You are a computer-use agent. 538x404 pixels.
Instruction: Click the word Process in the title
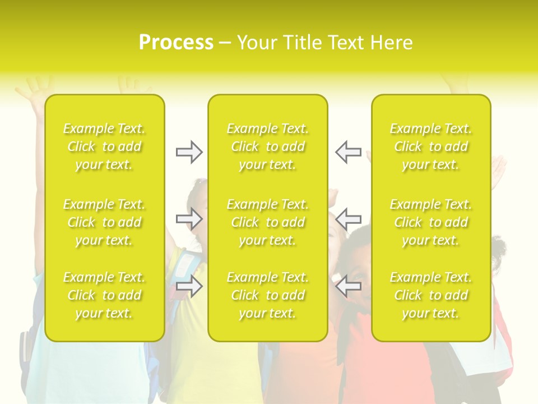pos(176,43)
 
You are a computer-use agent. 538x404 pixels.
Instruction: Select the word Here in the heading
pos(390,43)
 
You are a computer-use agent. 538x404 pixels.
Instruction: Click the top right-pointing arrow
pos(189,152)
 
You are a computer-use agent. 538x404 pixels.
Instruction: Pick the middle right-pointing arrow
pos(189,219)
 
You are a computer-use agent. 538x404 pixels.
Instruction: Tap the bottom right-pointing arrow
pos(189,286)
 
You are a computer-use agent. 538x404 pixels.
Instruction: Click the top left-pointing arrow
pos(348,152)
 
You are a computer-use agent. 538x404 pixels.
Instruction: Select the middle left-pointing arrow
pos(348,219)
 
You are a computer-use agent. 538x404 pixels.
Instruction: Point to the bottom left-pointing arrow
pos(348,286)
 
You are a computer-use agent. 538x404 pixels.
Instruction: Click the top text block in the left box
pos(104,146)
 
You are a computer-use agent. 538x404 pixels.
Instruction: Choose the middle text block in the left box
pos(104,222)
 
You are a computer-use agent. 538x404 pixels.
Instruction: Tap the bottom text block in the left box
pos(104,295)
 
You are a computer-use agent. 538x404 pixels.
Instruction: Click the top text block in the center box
pos(268,146)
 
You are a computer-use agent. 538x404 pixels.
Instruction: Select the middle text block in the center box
pos(268,222)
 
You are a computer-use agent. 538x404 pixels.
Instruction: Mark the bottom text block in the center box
pos(268,295)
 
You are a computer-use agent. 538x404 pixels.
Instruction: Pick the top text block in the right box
pos(431,146)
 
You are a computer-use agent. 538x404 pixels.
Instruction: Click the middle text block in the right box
pos(431,222)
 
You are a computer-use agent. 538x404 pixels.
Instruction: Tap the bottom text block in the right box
pos(431,295)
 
